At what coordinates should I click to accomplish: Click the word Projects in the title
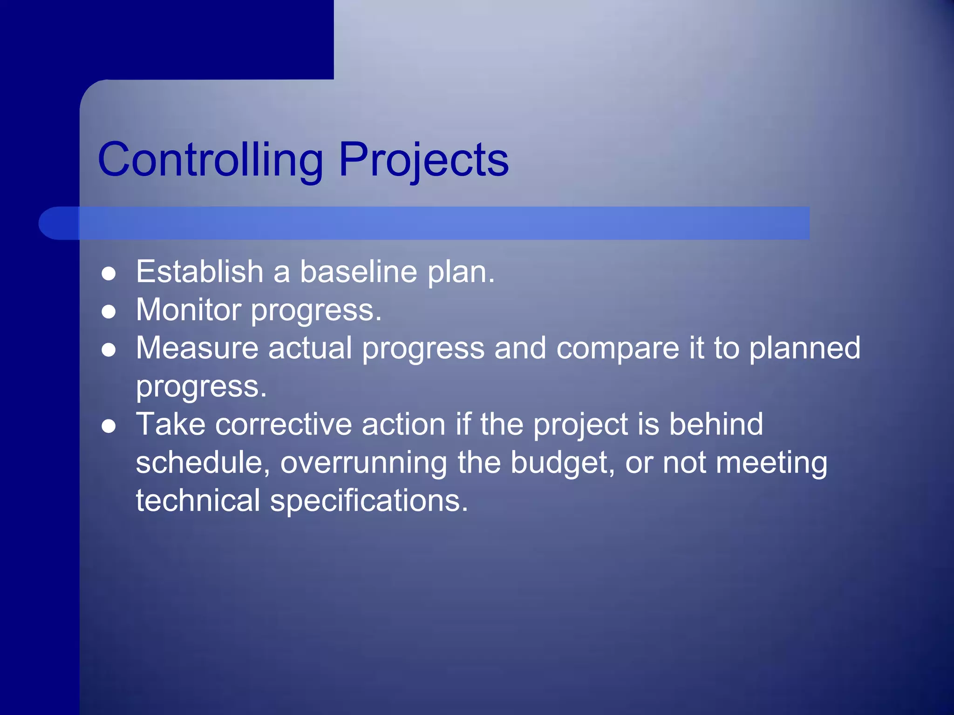423,160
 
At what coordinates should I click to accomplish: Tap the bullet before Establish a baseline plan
109,274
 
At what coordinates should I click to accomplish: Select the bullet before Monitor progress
109,311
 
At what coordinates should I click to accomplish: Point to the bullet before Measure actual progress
109,350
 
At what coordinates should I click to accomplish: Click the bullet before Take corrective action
109,426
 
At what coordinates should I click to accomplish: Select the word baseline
358,271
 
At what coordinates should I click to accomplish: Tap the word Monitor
189,310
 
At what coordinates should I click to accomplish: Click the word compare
618,348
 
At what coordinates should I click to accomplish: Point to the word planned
804,348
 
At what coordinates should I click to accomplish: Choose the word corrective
283,424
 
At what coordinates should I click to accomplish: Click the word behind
716,424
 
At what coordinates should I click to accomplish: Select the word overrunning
363,462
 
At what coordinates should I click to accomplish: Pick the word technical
198,500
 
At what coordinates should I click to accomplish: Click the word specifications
368,500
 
